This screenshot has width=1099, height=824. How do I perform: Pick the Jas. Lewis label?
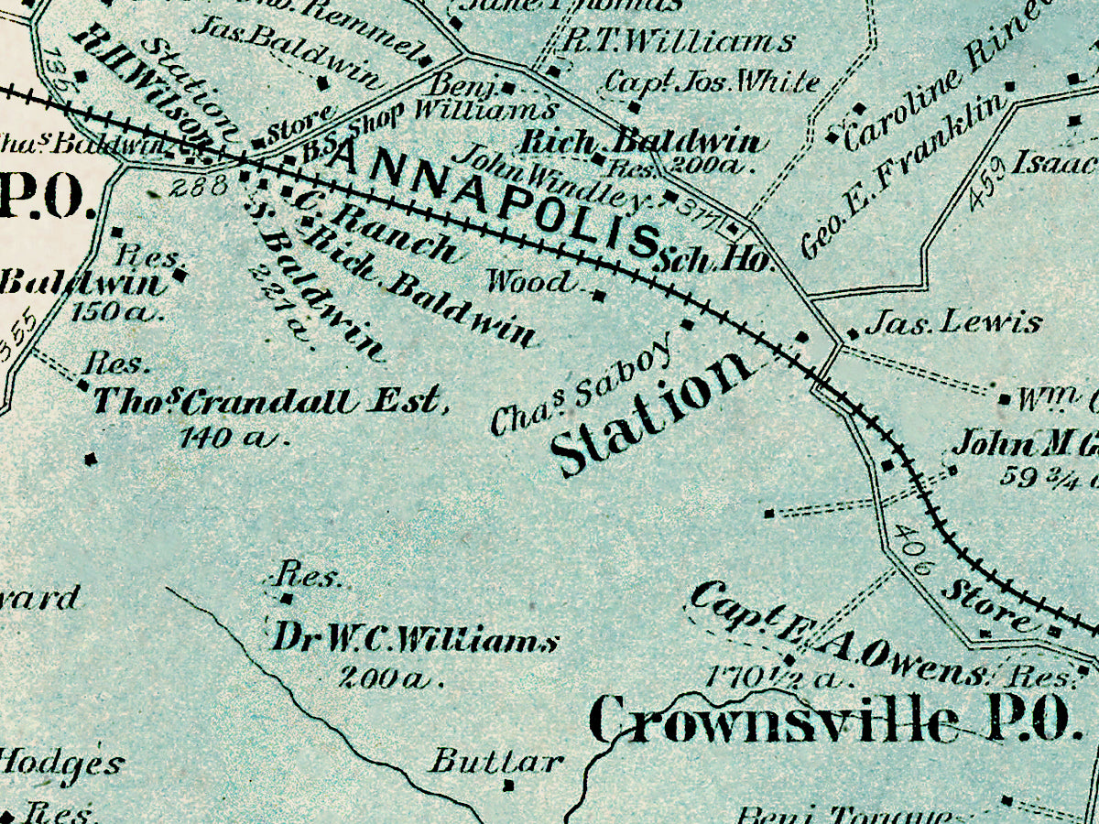953,322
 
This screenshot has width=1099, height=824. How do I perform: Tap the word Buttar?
495,760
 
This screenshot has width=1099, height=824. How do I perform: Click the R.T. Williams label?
679,42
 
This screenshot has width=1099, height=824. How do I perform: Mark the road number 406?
911,548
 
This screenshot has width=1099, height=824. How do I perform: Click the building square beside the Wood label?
600,296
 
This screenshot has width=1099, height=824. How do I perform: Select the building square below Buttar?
509,786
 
